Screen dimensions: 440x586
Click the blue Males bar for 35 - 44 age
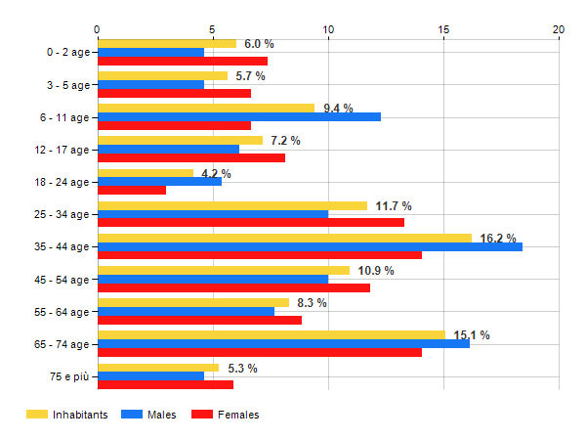pos(310,246)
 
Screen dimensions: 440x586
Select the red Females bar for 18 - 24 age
pos(132,190)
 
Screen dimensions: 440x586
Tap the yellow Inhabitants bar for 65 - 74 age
pos(271,335)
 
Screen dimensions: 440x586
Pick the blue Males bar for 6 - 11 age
pos(239,117)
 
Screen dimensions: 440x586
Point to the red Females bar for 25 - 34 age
pos(251,222)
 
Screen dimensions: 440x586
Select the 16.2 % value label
pos(498,238)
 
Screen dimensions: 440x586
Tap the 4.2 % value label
pos(216,174)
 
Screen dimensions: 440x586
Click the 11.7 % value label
pos(394,206)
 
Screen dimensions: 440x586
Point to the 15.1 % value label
pos(472,335)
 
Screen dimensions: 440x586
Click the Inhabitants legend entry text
pos(79,415)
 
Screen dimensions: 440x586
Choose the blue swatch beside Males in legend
pos(132,415)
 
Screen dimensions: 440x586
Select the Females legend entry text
pos(238,415)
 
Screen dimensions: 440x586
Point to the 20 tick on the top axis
pos(559,29)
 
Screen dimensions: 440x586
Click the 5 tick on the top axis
pos(213,29)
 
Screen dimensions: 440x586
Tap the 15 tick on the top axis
pos(443,29)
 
